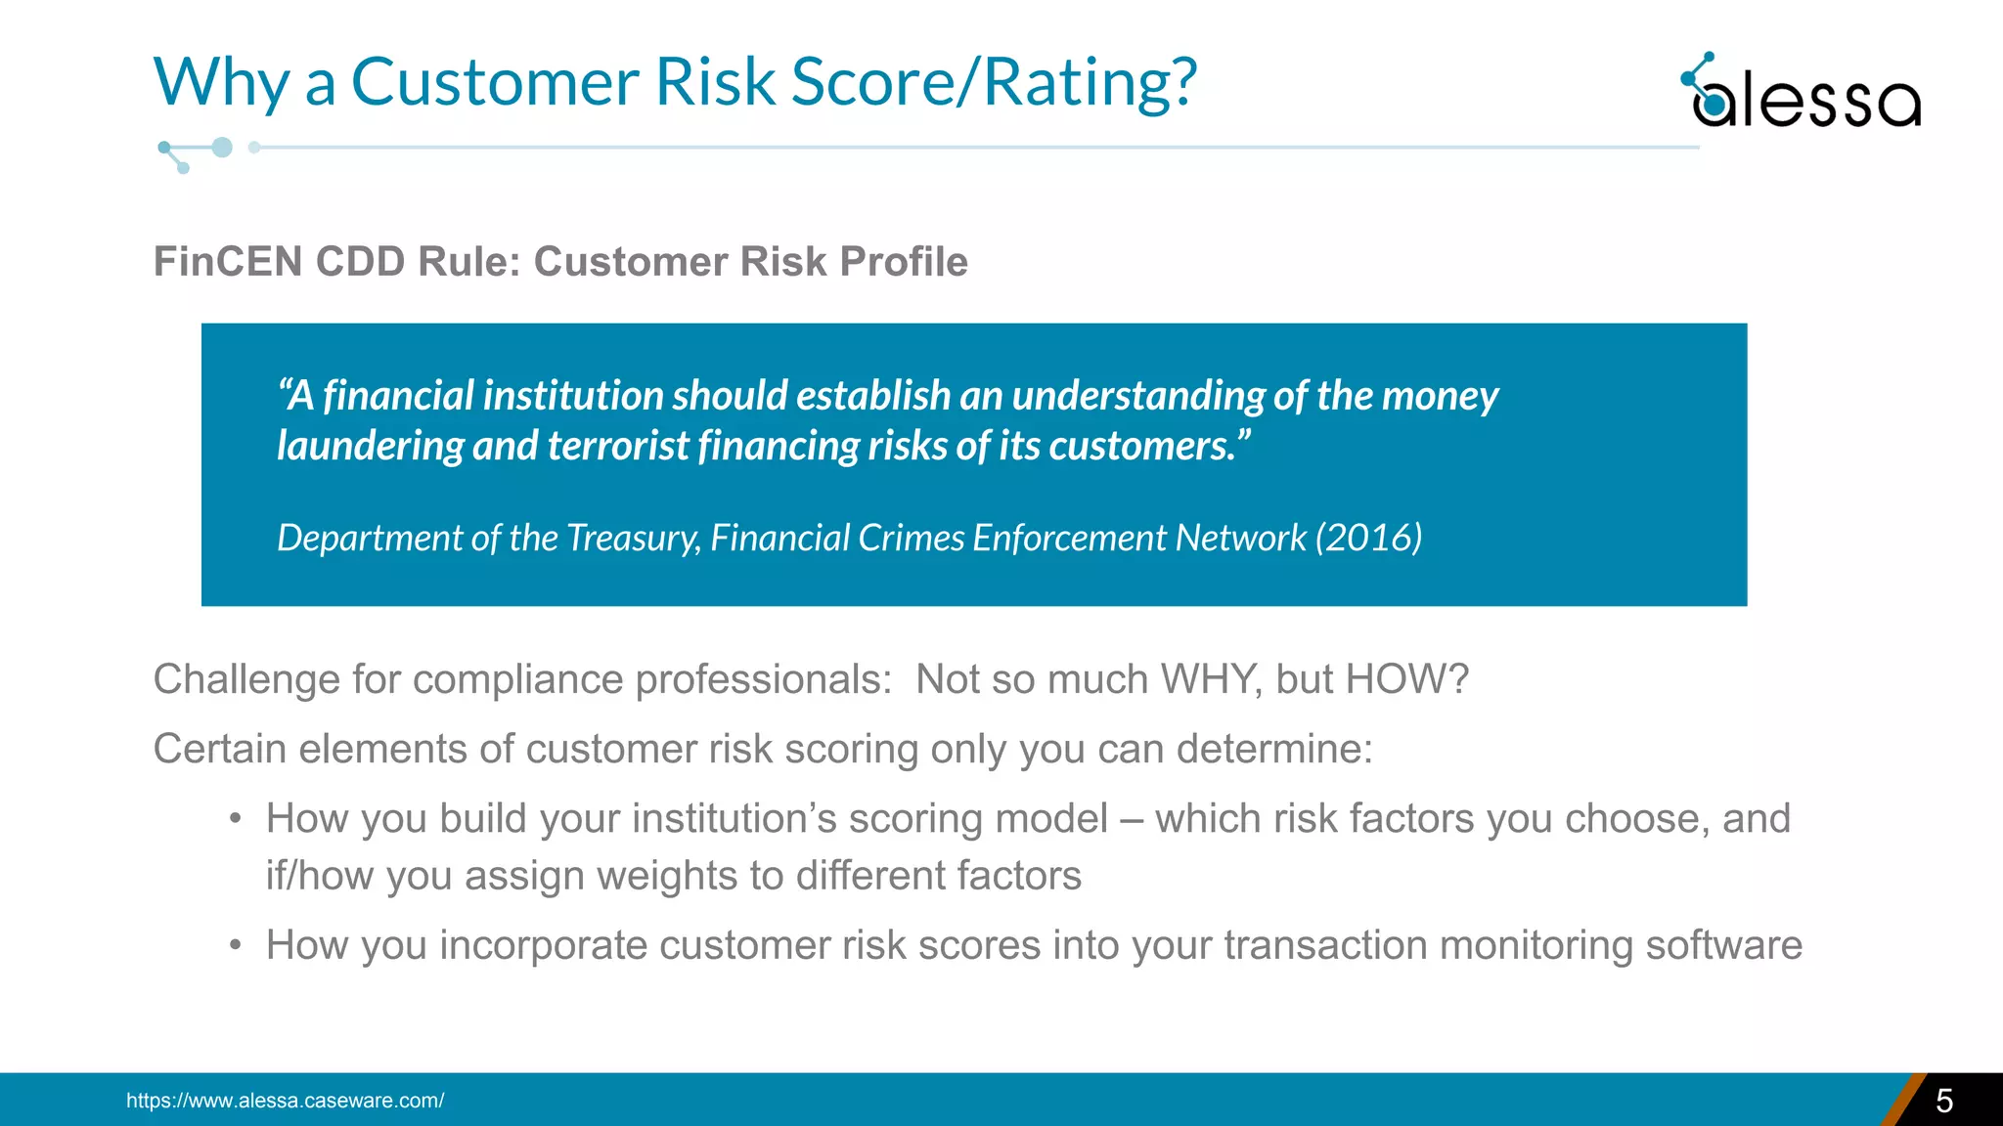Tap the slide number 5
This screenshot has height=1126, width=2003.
tap(1944, 1102)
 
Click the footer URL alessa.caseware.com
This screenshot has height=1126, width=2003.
tap(285, 1101)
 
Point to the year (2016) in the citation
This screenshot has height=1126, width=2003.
tap(1368, 538)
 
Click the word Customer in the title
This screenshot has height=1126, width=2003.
tap(495, 82)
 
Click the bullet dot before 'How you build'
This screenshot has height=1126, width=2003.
tap(235, 819)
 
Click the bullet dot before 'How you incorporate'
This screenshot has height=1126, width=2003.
tap(235, 946)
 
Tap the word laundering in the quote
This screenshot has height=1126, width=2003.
tap(370, 447)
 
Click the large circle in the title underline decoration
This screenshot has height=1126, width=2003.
tap(222, 148)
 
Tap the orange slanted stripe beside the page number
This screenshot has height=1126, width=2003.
tap(1902, 1101)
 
